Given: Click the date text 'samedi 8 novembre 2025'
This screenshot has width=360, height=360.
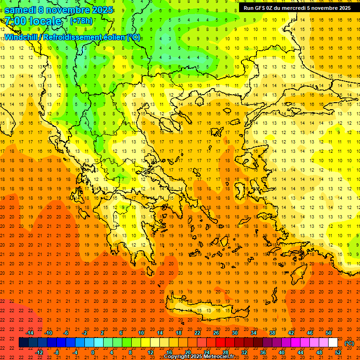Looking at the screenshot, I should (x=59, y=10).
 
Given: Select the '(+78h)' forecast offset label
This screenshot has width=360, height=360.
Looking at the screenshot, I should (x=81, y=21).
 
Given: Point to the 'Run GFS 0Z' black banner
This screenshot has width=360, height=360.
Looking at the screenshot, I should (x=297, y=8).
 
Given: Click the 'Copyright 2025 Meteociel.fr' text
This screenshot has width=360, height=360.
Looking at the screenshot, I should (x=205, y=357).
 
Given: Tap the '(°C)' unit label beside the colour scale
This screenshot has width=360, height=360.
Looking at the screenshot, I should (x=349, y=343).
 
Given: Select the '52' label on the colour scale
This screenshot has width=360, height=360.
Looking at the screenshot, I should (x=338, y=352).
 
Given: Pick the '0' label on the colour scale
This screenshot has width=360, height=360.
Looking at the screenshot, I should (x=92, y=352).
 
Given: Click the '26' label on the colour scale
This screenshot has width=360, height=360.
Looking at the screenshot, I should (x=216, y=333).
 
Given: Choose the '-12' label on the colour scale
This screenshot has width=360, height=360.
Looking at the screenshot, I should (x=39, y=352).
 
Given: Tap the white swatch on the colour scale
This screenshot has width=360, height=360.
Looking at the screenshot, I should (x=333, y=343).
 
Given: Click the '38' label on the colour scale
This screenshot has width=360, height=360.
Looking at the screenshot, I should (x=272, y=333).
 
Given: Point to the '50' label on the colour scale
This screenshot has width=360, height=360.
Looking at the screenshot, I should (x=329, y=333).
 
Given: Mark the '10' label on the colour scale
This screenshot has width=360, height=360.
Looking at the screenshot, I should (x=141, y=333).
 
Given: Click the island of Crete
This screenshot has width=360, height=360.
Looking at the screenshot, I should (x=206, y=309).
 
